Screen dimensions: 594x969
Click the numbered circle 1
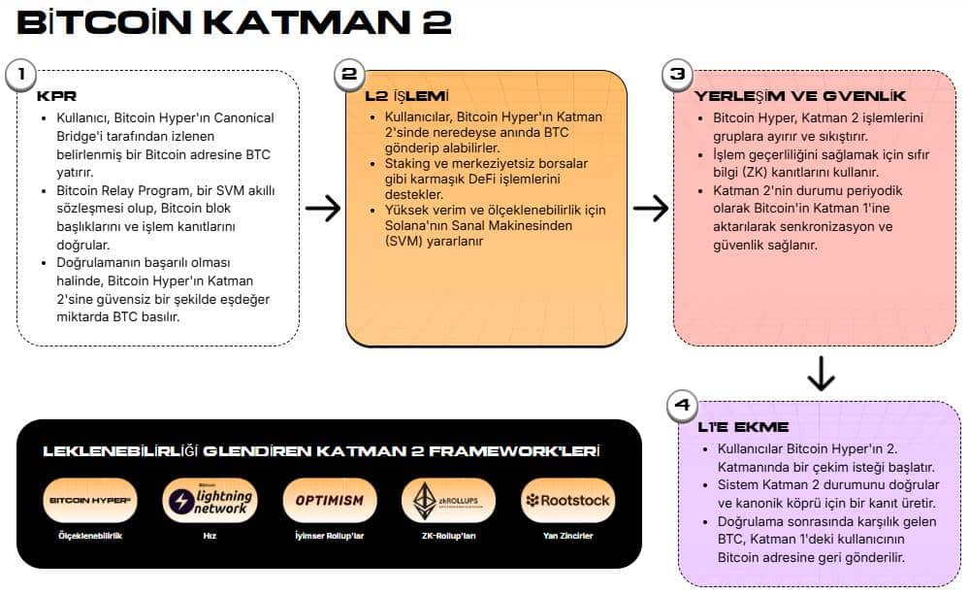(21, 75)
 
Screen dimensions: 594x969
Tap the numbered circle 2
(350, 75)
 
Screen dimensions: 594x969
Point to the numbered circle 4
(683, 407)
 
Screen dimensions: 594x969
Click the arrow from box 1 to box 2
(323, 208)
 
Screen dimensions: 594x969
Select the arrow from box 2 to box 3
(651, 208)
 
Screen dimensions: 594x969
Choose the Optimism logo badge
(330, 501)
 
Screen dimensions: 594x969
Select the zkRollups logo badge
(449, 501)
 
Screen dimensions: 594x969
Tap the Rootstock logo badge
(568, 501)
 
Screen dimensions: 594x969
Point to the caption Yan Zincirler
(568, 536)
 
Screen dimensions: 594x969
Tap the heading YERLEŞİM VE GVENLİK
(800, 96)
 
